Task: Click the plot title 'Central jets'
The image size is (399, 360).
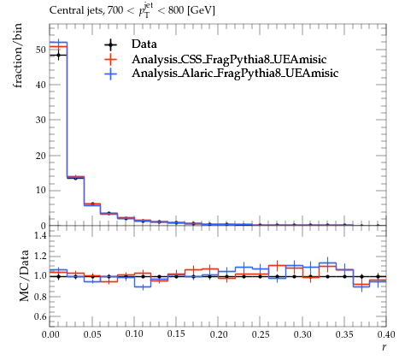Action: click(x=76, y=11)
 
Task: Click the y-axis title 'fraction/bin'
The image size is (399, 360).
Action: click(x=18, y=56)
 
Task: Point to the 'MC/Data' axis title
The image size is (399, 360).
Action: click(x=25, y=275)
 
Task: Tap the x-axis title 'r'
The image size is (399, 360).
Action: click(x=384, y=347)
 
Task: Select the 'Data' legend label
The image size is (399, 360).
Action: click(x=144, y=44)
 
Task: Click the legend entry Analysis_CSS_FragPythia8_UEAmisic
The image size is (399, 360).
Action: click(x=229, y=59)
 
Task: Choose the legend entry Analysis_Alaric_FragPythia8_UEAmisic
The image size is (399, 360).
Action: click(x=235, y=74)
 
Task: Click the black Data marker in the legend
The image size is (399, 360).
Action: click(x=110, y=44)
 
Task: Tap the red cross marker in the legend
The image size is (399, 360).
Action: click(x=110, y=59)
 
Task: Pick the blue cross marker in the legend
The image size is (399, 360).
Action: click(x=110, y=74)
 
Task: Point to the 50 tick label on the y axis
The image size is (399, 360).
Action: click(x=40, y=50)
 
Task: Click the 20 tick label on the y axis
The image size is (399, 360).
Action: click(x=40, y=156)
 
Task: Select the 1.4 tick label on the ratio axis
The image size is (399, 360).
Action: click(x=40, y=235)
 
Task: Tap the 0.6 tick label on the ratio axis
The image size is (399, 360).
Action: click(x=40, y=316)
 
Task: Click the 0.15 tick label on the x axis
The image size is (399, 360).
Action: click(x=176, y=334)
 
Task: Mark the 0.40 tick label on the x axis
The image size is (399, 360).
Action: click(x=386, y=334)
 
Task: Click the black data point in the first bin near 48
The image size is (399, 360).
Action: click(x=58, y=55)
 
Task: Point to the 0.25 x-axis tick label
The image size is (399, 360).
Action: click(x=261, y=334)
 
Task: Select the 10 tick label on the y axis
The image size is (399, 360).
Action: click(x=40, y=190)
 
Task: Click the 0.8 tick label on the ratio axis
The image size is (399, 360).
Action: click(x=40, y=297)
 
